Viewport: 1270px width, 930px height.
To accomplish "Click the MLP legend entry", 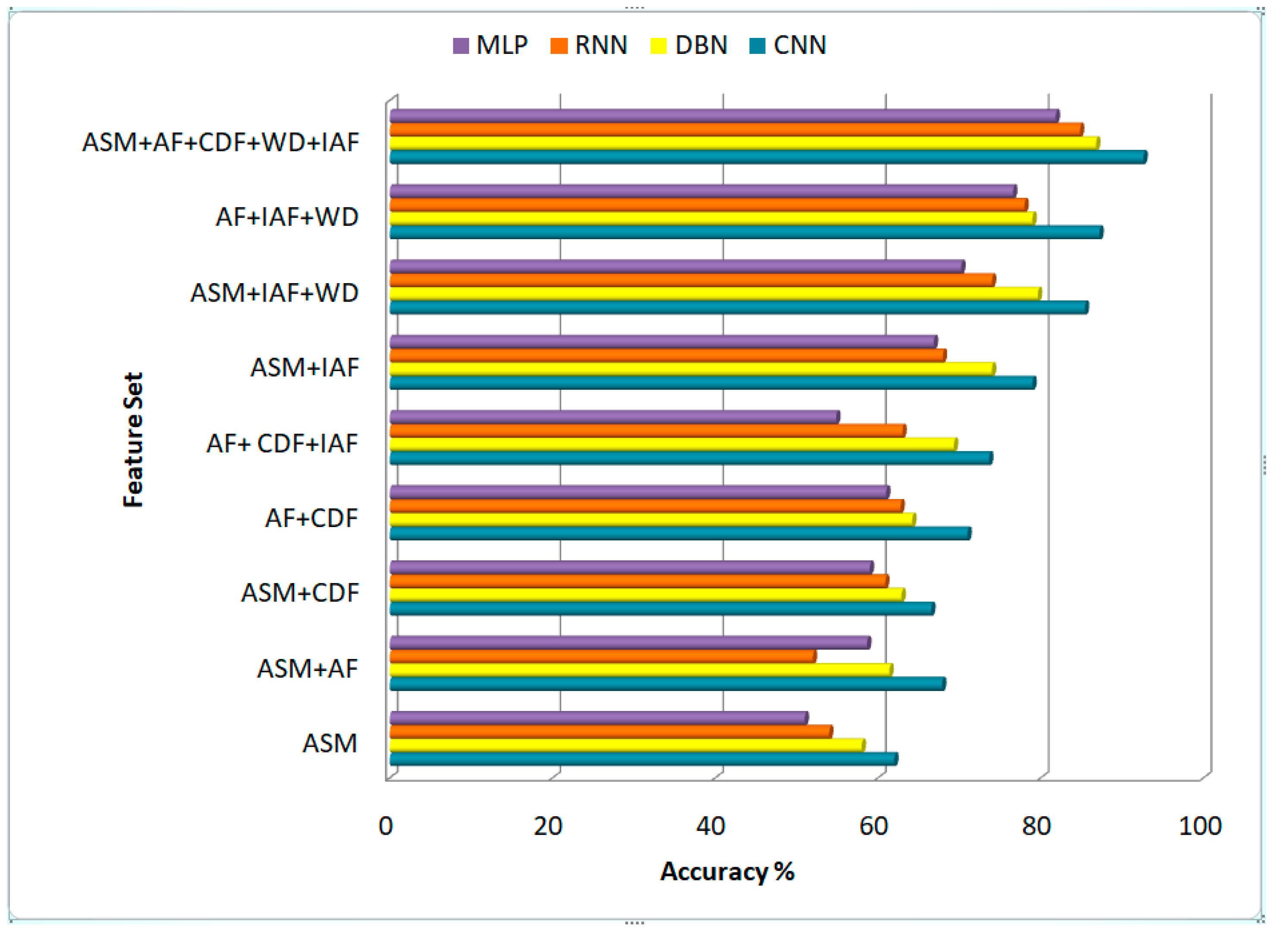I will (x=490, y=45).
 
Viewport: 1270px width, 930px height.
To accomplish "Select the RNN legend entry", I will (x=589, y=45).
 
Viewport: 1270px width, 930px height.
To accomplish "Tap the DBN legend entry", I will (x=689, y=45).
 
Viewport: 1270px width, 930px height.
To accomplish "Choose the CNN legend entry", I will (x=788, y=45).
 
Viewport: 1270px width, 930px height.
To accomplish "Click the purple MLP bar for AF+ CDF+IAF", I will (x=614, y=417).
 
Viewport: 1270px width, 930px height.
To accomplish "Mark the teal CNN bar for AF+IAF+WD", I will (x=745, y=232).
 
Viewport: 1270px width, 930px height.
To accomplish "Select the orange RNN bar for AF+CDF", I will (x=646, y=506).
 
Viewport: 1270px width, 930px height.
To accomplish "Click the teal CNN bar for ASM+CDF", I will (x=661, y=609).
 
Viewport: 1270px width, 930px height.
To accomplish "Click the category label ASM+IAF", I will (x=304, y=368).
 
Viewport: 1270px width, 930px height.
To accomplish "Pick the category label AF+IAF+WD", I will (x=287, y=217).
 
